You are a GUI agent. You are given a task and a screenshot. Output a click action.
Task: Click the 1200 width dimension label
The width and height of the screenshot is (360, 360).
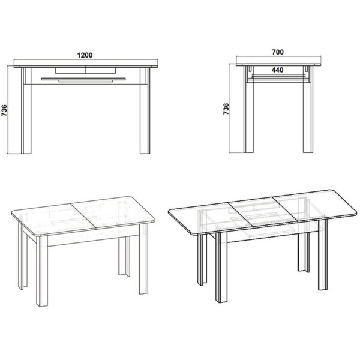[85, 55]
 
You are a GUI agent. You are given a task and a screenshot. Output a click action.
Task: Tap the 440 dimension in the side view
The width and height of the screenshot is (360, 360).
[277, 70]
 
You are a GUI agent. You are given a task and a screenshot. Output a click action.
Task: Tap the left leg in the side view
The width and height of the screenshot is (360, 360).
[248, 114]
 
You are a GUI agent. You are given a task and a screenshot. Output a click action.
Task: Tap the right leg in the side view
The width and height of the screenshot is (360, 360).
[307, 114]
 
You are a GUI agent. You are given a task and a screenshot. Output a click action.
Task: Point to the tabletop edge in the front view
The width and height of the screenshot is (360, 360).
[85, 64]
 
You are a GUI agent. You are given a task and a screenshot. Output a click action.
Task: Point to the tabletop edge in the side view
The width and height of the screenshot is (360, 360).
[277, 63]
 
